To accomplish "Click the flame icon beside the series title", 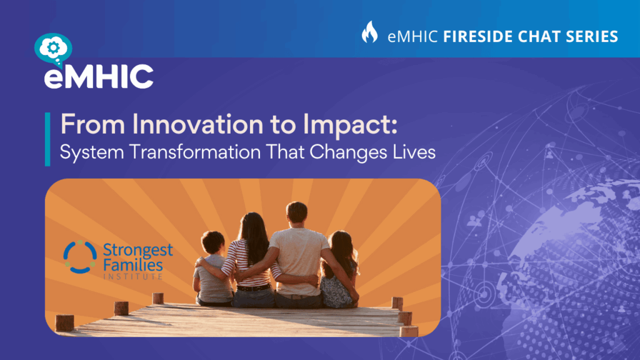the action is coord(370,32).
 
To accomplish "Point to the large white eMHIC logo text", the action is coord(99,76).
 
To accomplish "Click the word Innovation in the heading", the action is coord(197,124).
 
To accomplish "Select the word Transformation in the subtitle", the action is coord(195,152).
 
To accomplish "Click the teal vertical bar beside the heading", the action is coord(47,139).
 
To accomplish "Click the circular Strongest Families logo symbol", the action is coord(80,257).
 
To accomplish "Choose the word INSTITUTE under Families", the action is coord(133,277).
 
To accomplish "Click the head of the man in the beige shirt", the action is coord(297,212).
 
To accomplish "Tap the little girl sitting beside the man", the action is coord(339,270).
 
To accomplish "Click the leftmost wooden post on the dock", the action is coord(64,322).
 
